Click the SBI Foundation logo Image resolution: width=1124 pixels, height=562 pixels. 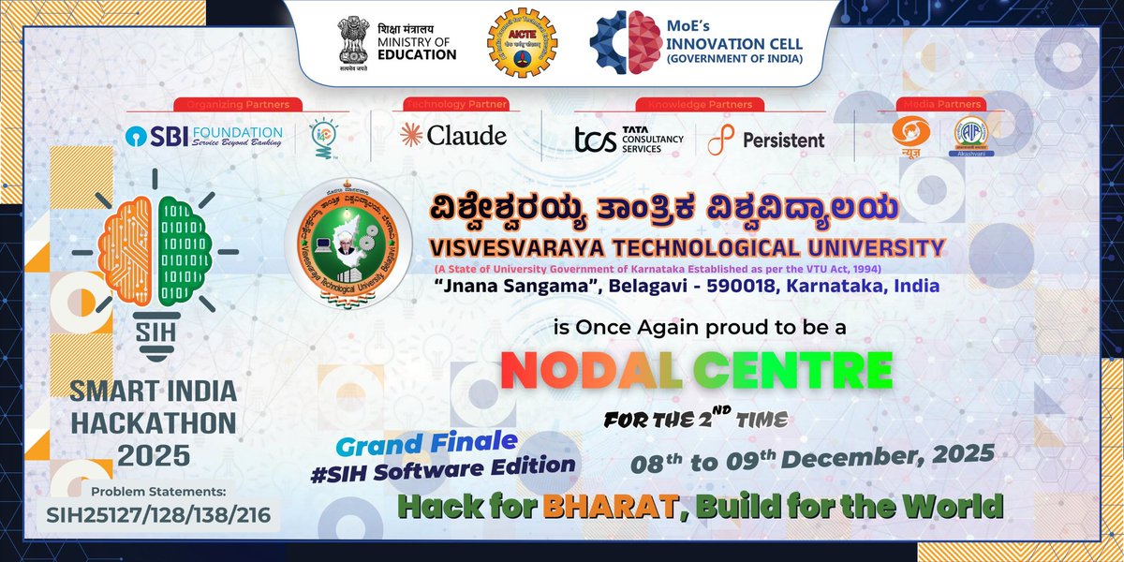(x=203, y=136)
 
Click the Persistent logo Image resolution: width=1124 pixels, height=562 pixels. (x=765, y=140)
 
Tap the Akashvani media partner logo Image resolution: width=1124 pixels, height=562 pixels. (x=971, y=138)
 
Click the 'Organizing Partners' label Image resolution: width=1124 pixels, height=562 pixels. (x=238, y=103)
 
